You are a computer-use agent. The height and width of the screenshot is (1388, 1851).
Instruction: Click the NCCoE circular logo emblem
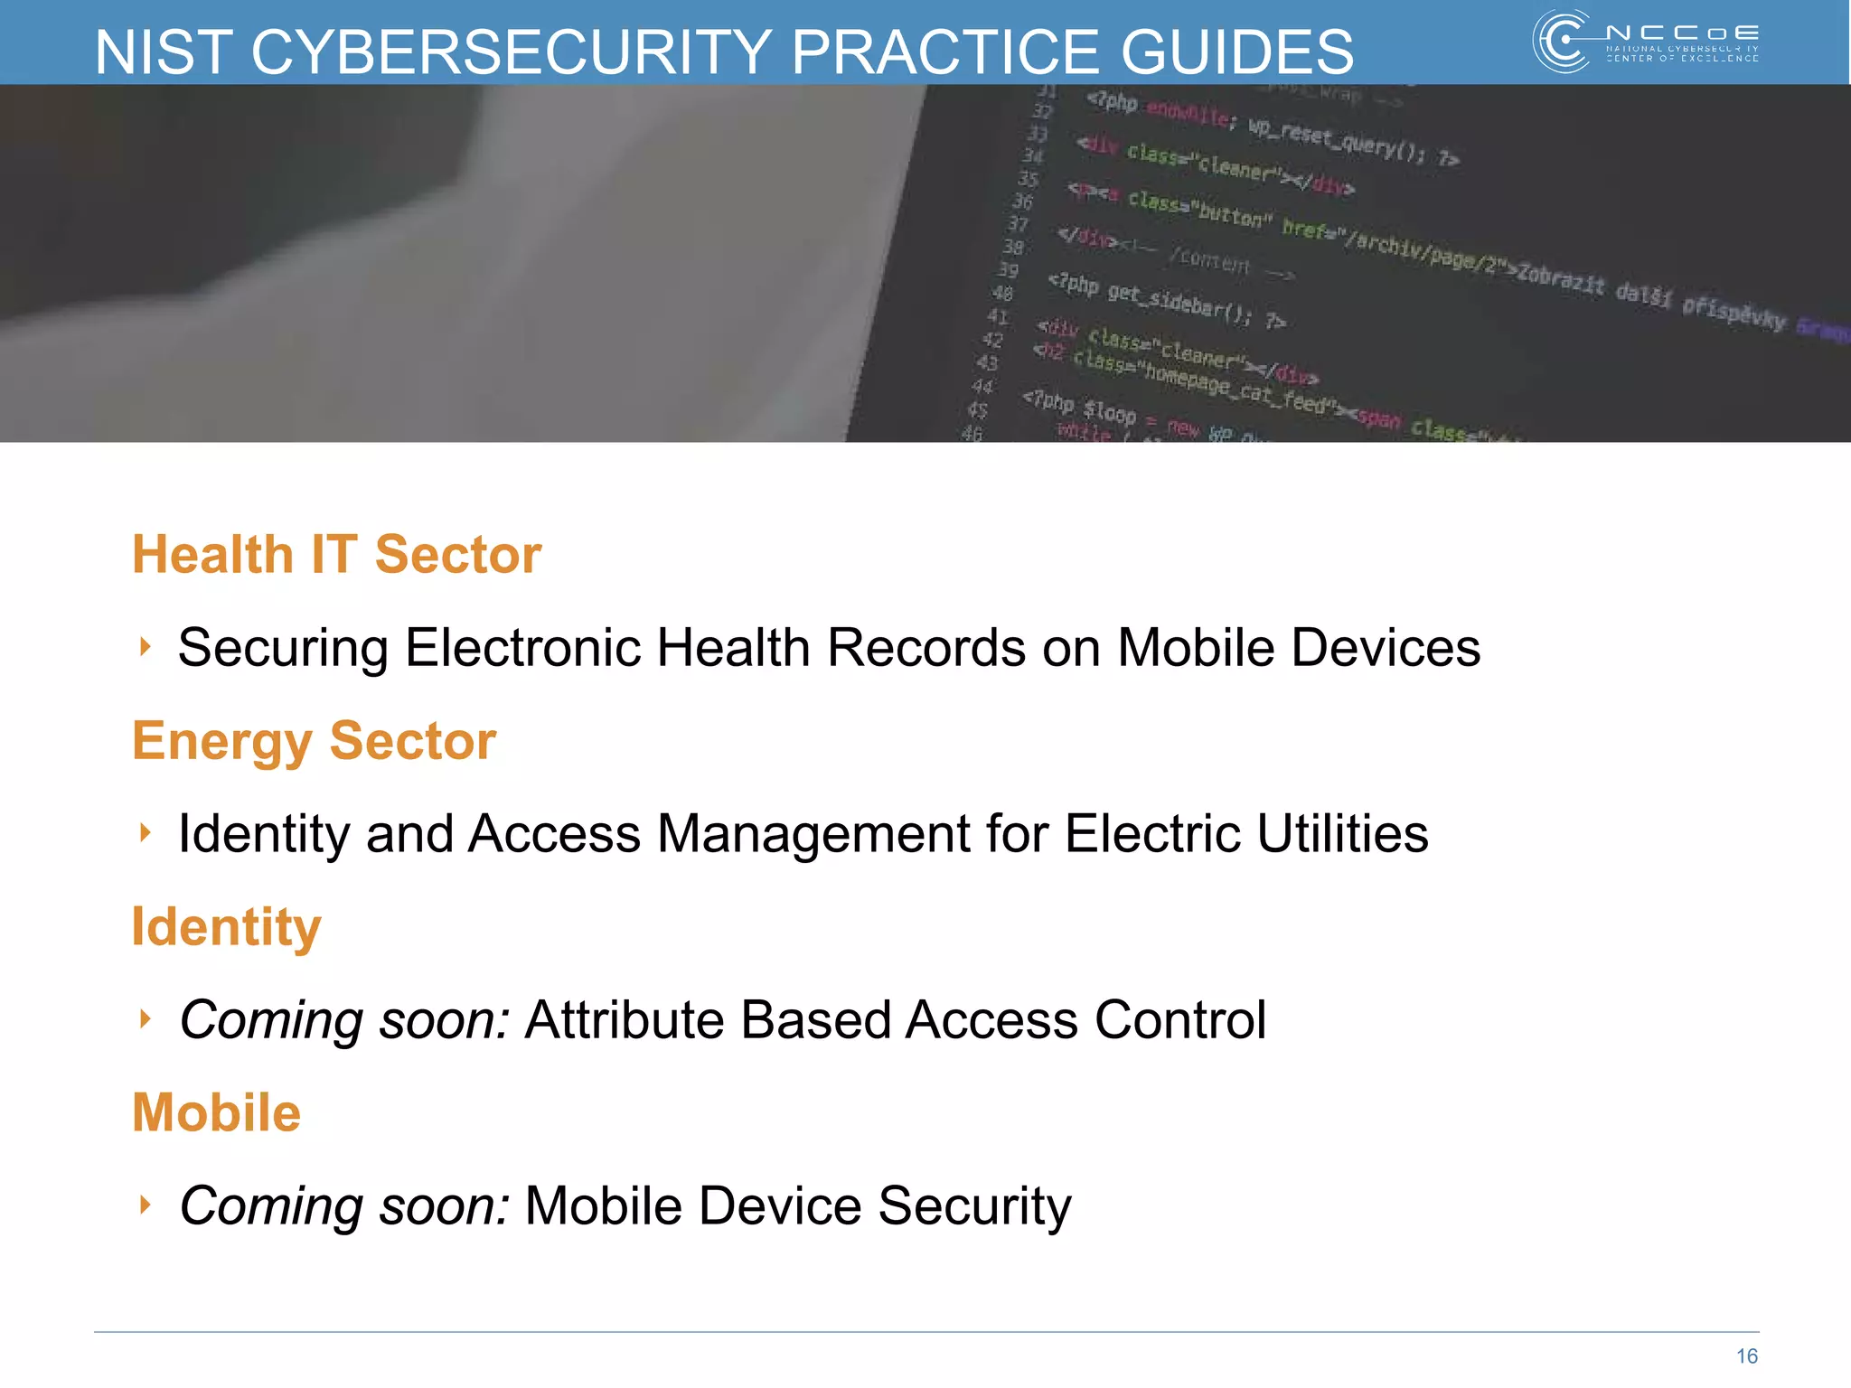(x=1562, y=41)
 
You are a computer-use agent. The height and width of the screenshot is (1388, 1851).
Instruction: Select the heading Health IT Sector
(x=336, y=554)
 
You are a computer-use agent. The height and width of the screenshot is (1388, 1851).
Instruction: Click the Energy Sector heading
(x=314, y=741)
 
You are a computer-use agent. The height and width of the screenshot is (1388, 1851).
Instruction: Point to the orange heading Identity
(x=226, y=927)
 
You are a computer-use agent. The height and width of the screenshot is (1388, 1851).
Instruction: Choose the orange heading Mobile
(x=216, y=1112)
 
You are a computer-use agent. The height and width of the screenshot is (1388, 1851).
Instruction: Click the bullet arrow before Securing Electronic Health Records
(x=145, y=646)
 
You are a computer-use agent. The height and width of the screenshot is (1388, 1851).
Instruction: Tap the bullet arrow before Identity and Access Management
(x=145, y=832)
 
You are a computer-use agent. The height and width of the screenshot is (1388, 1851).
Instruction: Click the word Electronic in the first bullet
(x=522, y=648)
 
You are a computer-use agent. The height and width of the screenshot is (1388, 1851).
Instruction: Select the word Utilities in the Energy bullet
(x=1342, y=833)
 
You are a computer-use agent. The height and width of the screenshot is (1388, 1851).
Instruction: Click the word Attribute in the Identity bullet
(x=624, y=1020)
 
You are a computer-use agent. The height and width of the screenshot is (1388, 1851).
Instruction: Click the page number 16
(x=1746, y=1356)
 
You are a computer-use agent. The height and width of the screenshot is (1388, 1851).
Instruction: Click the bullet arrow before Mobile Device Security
(x=145, y=1204)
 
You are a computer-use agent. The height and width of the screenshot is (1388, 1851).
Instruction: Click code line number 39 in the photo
(x=1008, y=270)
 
